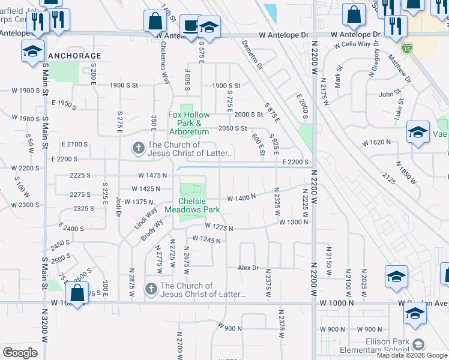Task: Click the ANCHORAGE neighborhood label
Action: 74,56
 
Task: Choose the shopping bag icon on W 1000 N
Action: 77,294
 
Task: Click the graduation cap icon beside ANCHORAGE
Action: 33,52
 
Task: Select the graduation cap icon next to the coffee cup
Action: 208,28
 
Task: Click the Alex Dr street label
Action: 248,268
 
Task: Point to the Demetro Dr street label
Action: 252,55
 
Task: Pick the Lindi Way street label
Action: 146,218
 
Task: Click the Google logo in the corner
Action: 20,352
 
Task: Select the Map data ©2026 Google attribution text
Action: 412,355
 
